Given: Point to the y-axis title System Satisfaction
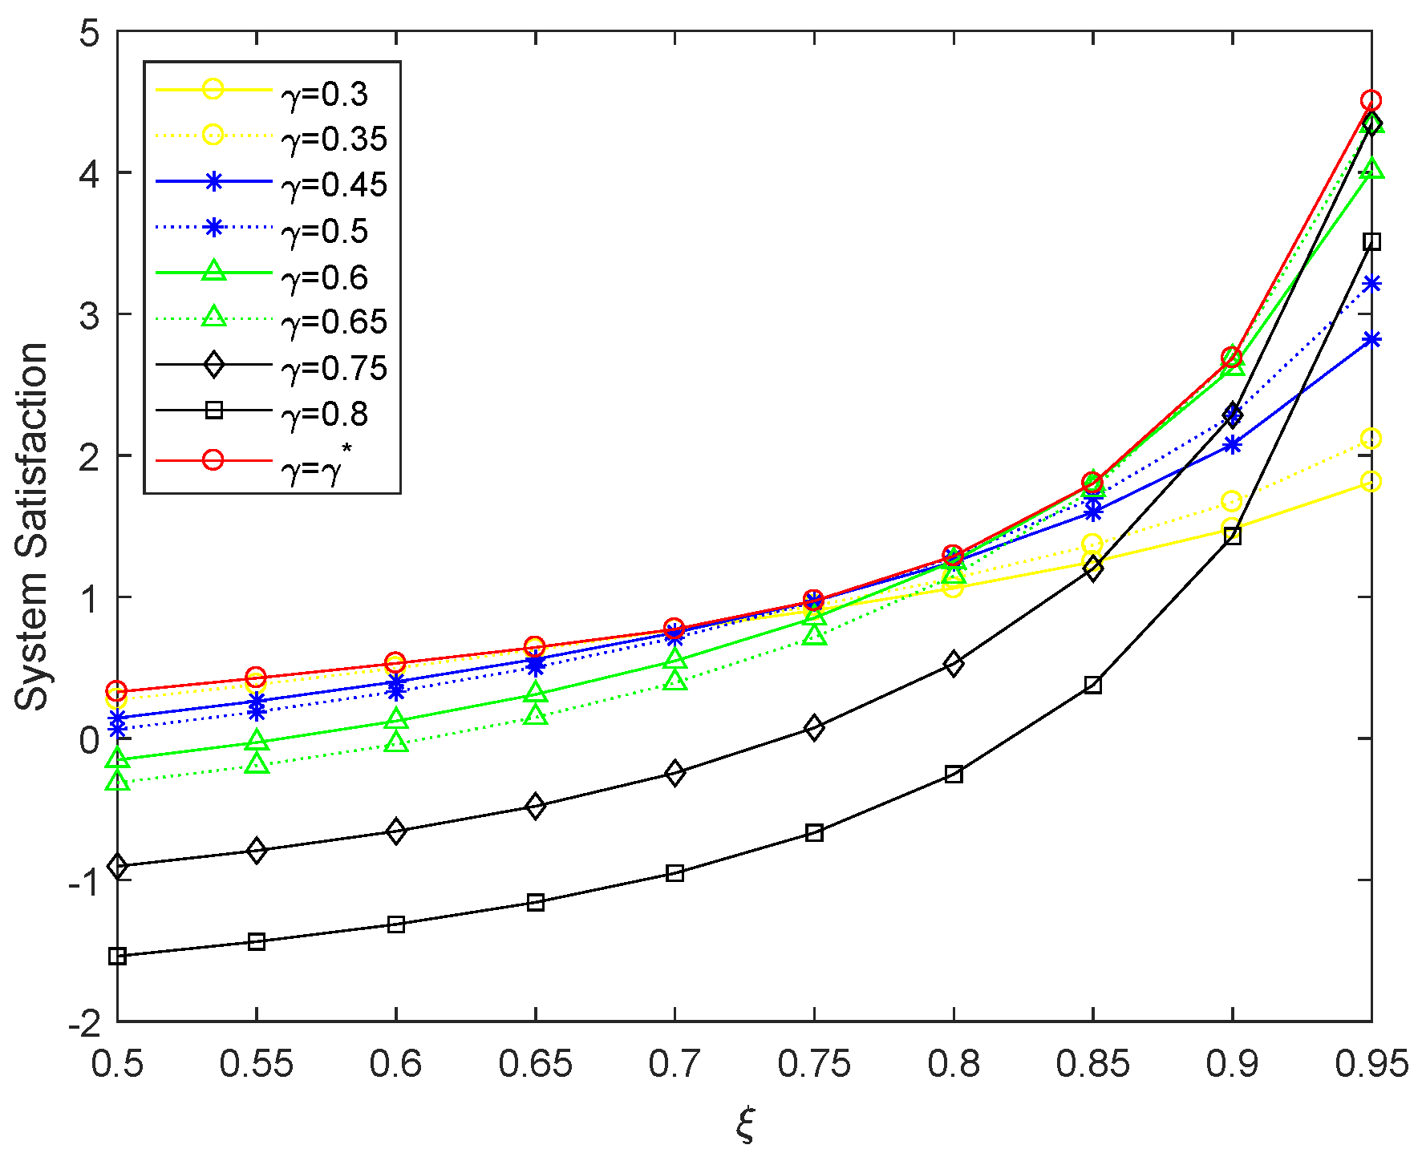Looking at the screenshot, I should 32,526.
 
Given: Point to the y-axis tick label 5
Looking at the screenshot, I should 88,34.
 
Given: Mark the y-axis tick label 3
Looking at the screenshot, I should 88,315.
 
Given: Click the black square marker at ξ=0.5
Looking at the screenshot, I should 118,956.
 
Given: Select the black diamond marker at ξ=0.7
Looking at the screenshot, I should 675,773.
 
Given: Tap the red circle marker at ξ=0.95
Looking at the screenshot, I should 1371,101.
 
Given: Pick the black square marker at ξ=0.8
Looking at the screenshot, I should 954,775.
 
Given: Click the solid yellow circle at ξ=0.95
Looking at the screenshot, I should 1371,482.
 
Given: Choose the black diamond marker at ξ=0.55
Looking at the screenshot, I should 257,851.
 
